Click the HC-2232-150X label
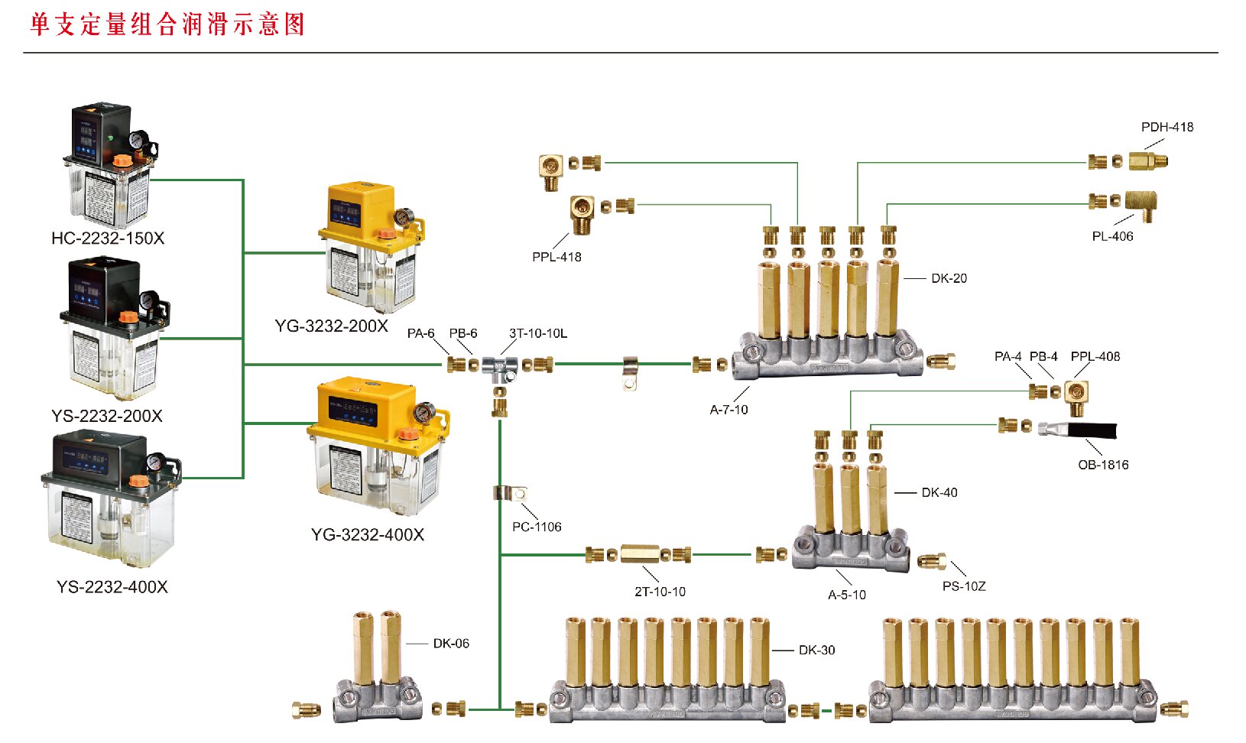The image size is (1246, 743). pos(108,238)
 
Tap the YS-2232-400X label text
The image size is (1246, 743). pos(112,587)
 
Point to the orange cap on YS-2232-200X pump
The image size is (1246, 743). pos(128,316)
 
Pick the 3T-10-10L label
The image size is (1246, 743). pos(538,333)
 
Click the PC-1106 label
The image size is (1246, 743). pos(537,527)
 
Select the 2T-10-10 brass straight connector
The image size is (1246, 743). pos(639,553)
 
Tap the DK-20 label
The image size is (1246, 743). pos(949,278)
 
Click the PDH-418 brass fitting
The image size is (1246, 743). pos(1148,161)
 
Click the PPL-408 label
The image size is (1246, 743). pos(1095,356)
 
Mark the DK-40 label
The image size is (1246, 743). pos(939,493)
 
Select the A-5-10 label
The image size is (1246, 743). pos(847,595)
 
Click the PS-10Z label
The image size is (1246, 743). pos(964,586)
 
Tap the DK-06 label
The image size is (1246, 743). pos(451,644)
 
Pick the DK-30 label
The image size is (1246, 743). pos(816,651)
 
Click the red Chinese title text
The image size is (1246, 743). pos(167,24)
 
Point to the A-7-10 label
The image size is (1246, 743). pos(728,410)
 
